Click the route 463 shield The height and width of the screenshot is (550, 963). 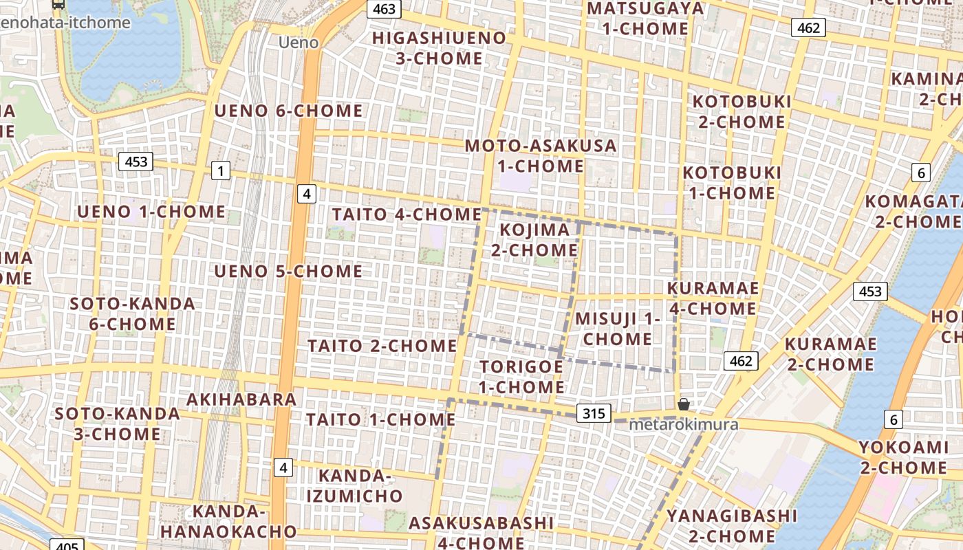click(x=384, y=9)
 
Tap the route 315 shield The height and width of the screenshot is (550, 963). click(x=594, y=413)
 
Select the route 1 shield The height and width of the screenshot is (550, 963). click(x=220, y=170)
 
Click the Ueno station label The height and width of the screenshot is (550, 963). click(x=299, y=43)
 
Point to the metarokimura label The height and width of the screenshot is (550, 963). click(x=684, y=424)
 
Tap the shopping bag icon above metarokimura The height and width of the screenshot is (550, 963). click(x=683, y=404)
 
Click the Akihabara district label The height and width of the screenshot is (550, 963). click(x=241, y=399)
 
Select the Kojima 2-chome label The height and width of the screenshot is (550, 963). click(x=534, y=239)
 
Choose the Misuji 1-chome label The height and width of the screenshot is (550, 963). click(x=618, y=329)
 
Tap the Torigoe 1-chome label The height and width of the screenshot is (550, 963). click(x=521, y=377)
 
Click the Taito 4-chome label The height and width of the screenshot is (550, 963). click(x=407, y=214)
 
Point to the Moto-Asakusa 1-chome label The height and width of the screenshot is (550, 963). click(x=541, y=156)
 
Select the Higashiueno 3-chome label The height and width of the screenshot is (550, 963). click(x=439, y=48)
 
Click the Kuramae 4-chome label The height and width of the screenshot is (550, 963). click(x=713, y=298)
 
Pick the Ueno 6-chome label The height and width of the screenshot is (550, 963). click(x=288, y=111)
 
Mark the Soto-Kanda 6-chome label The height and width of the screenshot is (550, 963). click(x=132, y=313)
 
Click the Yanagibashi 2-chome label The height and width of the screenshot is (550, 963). click(x=722, y=525)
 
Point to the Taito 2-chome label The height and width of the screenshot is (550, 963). click(x=382, y=345)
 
